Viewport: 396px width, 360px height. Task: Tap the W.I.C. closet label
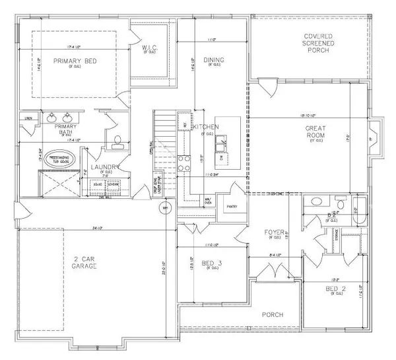point(148,48)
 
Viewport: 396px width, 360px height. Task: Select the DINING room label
point(214,61)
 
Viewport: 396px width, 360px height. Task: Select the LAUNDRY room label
point(106,168)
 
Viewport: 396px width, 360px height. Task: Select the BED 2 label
point(337,289)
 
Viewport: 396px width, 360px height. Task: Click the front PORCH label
point(271,315)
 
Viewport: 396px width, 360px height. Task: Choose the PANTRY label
point(231,207)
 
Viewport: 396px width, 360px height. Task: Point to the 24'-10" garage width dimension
point(99,229)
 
